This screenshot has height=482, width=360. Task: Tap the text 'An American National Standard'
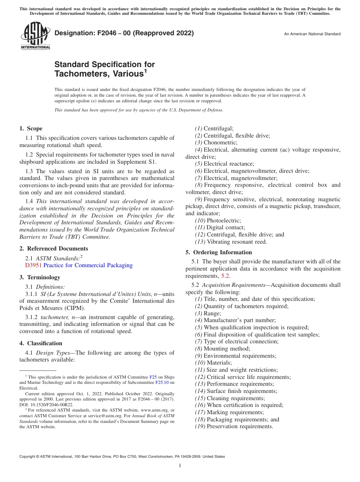(312, 34)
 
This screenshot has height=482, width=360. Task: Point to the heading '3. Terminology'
(39, 277)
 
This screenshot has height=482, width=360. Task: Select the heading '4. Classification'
(41, 343)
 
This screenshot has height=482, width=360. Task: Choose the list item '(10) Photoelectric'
(218, 220)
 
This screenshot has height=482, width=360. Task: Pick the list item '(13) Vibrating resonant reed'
(231, 242)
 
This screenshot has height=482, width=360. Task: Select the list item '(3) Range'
(208, 313)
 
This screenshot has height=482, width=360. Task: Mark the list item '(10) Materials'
(213, 363)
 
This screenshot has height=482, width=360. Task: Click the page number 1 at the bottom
(180, 466)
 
